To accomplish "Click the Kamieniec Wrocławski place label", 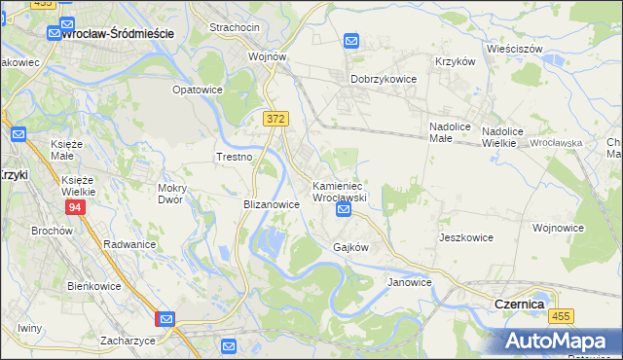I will [338, 191].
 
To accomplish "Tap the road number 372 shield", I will [275, 118].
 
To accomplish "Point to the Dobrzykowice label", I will [384, 80].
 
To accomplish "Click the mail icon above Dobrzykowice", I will [351, 41].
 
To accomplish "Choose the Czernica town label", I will [519, 304].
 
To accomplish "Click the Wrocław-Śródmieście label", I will [117, 33].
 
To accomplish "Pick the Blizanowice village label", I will [271, 205].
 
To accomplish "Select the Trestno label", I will [234, 157].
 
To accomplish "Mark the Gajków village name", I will [350, 247].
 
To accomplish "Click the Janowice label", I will [409, 282].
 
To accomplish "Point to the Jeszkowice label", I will [466, 237].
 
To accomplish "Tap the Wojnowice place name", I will [558, 228].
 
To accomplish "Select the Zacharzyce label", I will [128, 342].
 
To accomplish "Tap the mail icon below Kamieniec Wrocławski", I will [343, 209].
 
